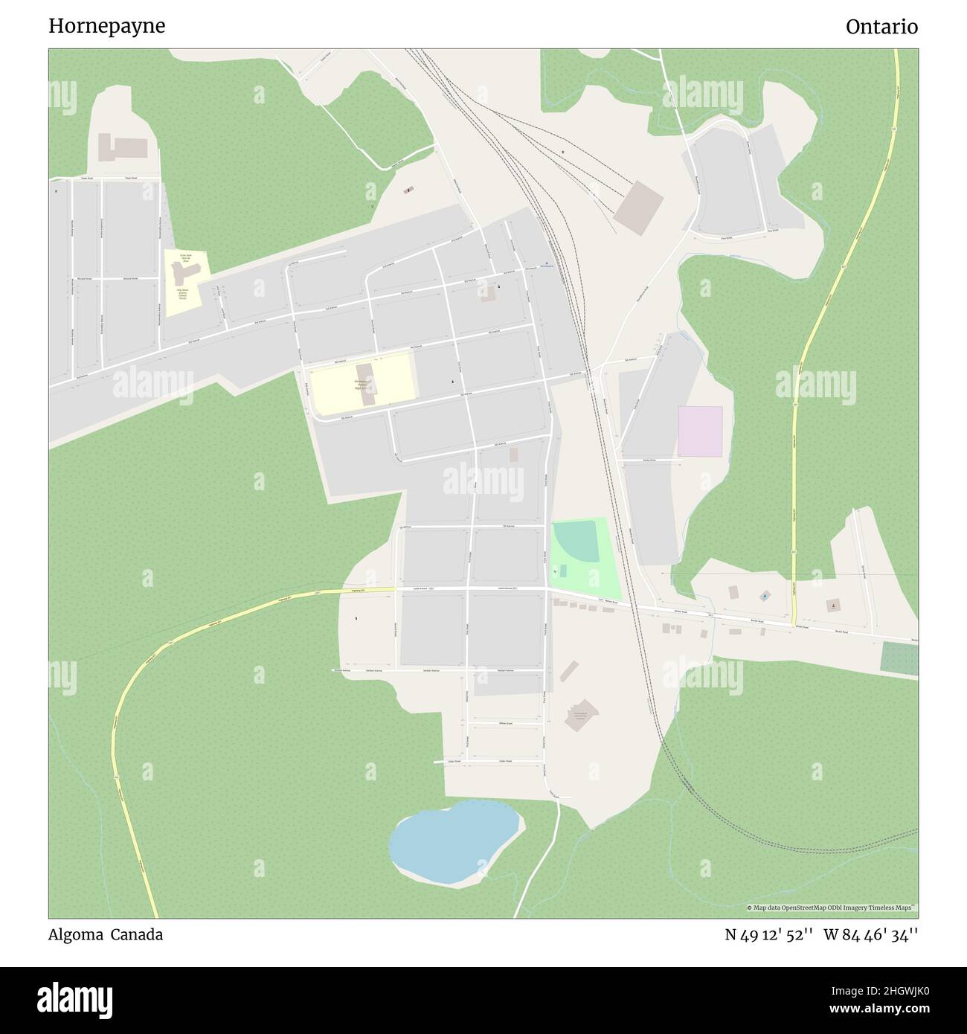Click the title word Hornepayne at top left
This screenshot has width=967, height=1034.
click(x=107, y=27)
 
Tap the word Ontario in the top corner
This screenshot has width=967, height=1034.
click(x=881, y=27)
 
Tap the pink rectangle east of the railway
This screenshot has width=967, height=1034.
click(x=700, y=431)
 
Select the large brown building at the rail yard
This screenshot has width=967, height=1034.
click(x=639, y=208)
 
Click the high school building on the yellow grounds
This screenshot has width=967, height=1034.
click(x=366, y=383)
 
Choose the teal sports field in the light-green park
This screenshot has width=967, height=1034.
click(x=575, y=542)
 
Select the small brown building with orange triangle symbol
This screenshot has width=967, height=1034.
click(x=832, y=606)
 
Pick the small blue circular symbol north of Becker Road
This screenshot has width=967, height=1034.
click(x=765, y=596)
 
